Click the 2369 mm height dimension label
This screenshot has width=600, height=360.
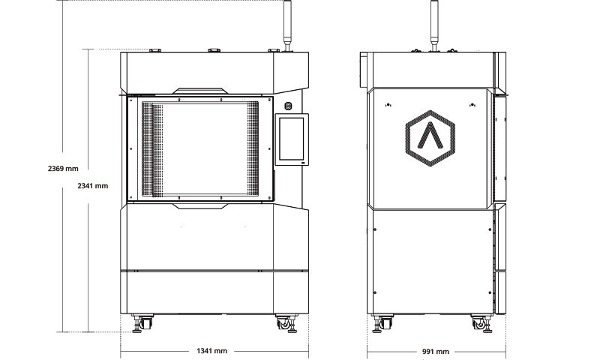click(x=63, y=168)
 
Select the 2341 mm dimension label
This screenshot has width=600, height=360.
click(x=93, y=186)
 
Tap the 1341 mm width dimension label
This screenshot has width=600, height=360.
click(x=212, y=351)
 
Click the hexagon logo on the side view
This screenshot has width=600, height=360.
click(x=430, y=139)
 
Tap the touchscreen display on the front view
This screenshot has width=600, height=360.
click(x=292, y=139)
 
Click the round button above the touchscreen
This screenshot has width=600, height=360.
click(x=289, y=106)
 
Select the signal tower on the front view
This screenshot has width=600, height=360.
click(x=287, y=25)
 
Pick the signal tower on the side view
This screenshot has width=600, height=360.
click(x=434, y=25)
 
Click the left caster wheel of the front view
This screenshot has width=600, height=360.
click(x=142, y=323)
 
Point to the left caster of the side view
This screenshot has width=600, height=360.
click(x=383, y=324)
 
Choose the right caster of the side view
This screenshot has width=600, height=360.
click(x=482, y=324)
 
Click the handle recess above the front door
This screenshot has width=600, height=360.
click(x=200, y=91)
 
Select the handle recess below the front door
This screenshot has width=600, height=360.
click(x=200, y=206)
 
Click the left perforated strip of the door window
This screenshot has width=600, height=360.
click(x=152, y=149)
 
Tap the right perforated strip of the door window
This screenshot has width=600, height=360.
click(x=253, y=149)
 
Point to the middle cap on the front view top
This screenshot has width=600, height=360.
click(x=214, y=50)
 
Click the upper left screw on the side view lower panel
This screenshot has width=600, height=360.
click(x=375, y=229)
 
